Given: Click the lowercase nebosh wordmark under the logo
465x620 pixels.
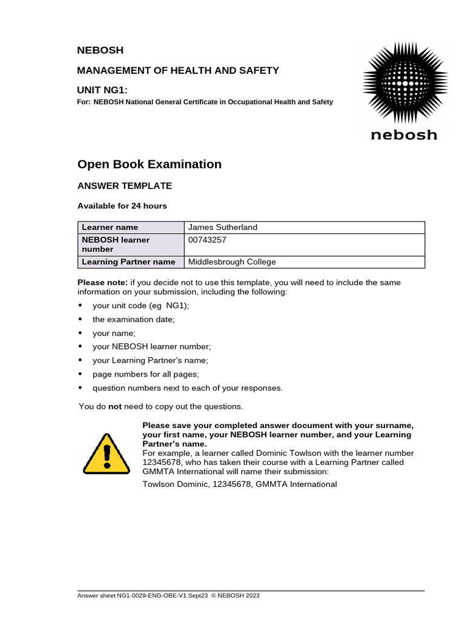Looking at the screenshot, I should pyautogui.click(x=404, y=134).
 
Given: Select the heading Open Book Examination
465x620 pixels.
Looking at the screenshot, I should pyautogui.click(x=150, y=164).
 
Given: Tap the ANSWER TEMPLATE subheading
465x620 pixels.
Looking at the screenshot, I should pyautogui.click(x=125, y=186).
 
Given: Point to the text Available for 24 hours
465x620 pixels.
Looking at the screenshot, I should pyautogui.click(x=122, y=206).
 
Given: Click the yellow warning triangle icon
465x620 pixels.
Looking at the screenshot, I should pyautogui.click(x=106, y=453).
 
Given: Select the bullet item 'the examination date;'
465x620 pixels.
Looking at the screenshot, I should pyautogui.click(x=133, y=320).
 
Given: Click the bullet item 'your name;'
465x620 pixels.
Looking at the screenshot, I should pyautogui.click(x=114, y=334).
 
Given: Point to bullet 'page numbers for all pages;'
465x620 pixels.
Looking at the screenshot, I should pyautogui.click(x=145, y=374).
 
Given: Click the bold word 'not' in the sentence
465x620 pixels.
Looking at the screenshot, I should pyautogui.click(x=115, y=406).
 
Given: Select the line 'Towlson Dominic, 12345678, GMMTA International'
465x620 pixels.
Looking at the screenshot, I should pyautogui.click(x=239, y=484).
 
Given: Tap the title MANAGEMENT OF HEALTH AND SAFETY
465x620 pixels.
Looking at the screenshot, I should pyautogui.click(x=178, y=70).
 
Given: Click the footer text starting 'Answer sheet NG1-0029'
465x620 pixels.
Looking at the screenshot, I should pyautogui.click(x=168, y=596).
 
